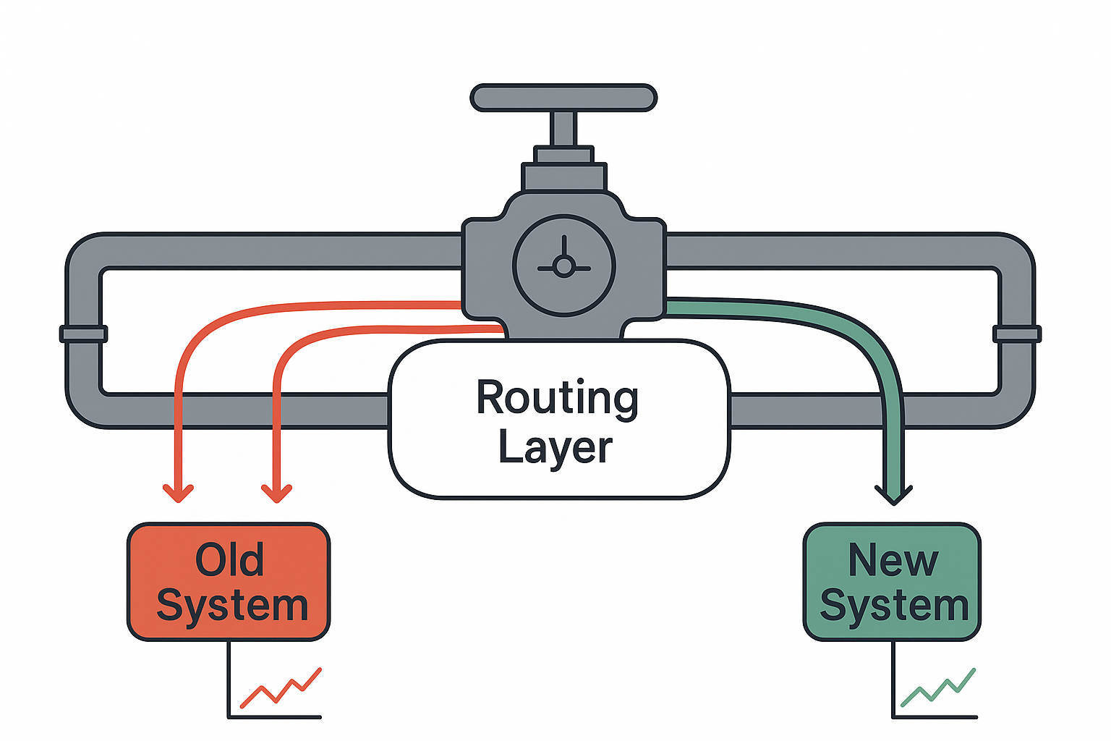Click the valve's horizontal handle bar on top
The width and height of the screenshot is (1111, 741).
563,98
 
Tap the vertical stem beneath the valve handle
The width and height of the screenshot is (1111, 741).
563,129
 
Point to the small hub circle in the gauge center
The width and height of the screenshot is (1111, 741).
563,267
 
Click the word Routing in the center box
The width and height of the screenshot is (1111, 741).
557,399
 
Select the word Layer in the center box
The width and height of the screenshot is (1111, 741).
555,448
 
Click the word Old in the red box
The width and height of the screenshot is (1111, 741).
229,560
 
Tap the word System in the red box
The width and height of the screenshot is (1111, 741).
232,606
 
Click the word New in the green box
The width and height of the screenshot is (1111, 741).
893,560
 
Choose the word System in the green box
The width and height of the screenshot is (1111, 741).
894,606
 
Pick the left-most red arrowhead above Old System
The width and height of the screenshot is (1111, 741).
178,492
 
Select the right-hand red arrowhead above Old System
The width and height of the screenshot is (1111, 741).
276,492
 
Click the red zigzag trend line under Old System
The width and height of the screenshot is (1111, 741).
281,688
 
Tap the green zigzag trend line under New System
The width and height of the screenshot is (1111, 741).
938,688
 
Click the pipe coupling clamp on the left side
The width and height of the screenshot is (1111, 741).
83,334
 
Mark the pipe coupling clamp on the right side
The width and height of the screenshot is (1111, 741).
1016,334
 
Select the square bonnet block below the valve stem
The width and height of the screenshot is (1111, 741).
563,177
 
